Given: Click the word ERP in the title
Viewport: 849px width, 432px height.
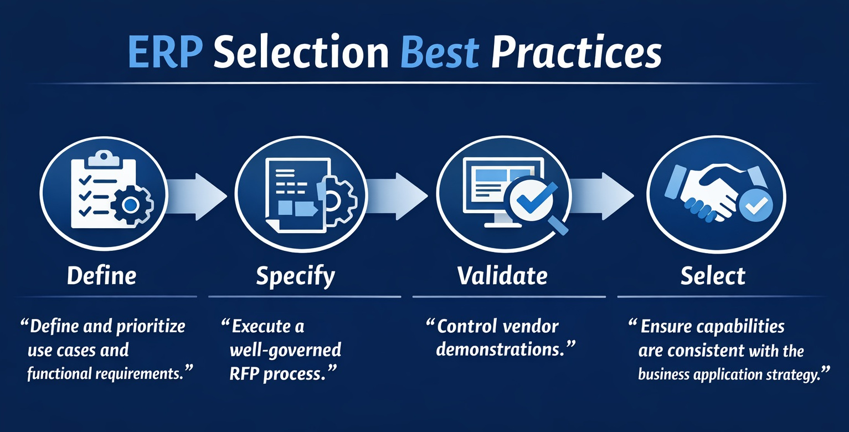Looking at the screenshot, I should point(165,53).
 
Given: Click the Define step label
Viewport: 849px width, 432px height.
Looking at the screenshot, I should point(101,276).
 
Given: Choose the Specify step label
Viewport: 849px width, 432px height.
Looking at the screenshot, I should point(295,276).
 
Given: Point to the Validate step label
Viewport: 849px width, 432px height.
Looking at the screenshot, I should point(502,275).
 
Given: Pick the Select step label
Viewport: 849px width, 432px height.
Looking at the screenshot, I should point(713,276).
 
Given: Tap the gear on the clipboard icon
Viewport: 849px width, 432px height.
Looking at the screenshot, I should point(131,205).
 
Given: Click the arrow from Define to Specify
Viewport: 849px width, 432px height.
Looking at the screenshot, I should point(198,196).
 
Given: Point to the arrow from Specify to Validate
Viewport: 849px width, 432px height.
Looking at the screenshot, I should point(398,196).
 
